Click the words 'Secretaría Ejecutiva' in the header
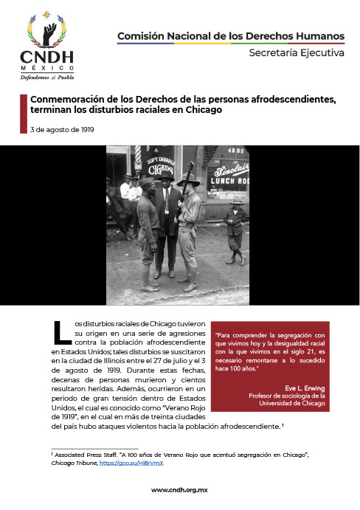tap(296, 53)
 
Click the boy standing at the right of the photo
tap(236, 231)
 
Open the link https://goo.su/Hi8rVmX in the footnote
tap(142, 463)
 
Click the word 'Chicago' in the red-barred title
tap(204, 109)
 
